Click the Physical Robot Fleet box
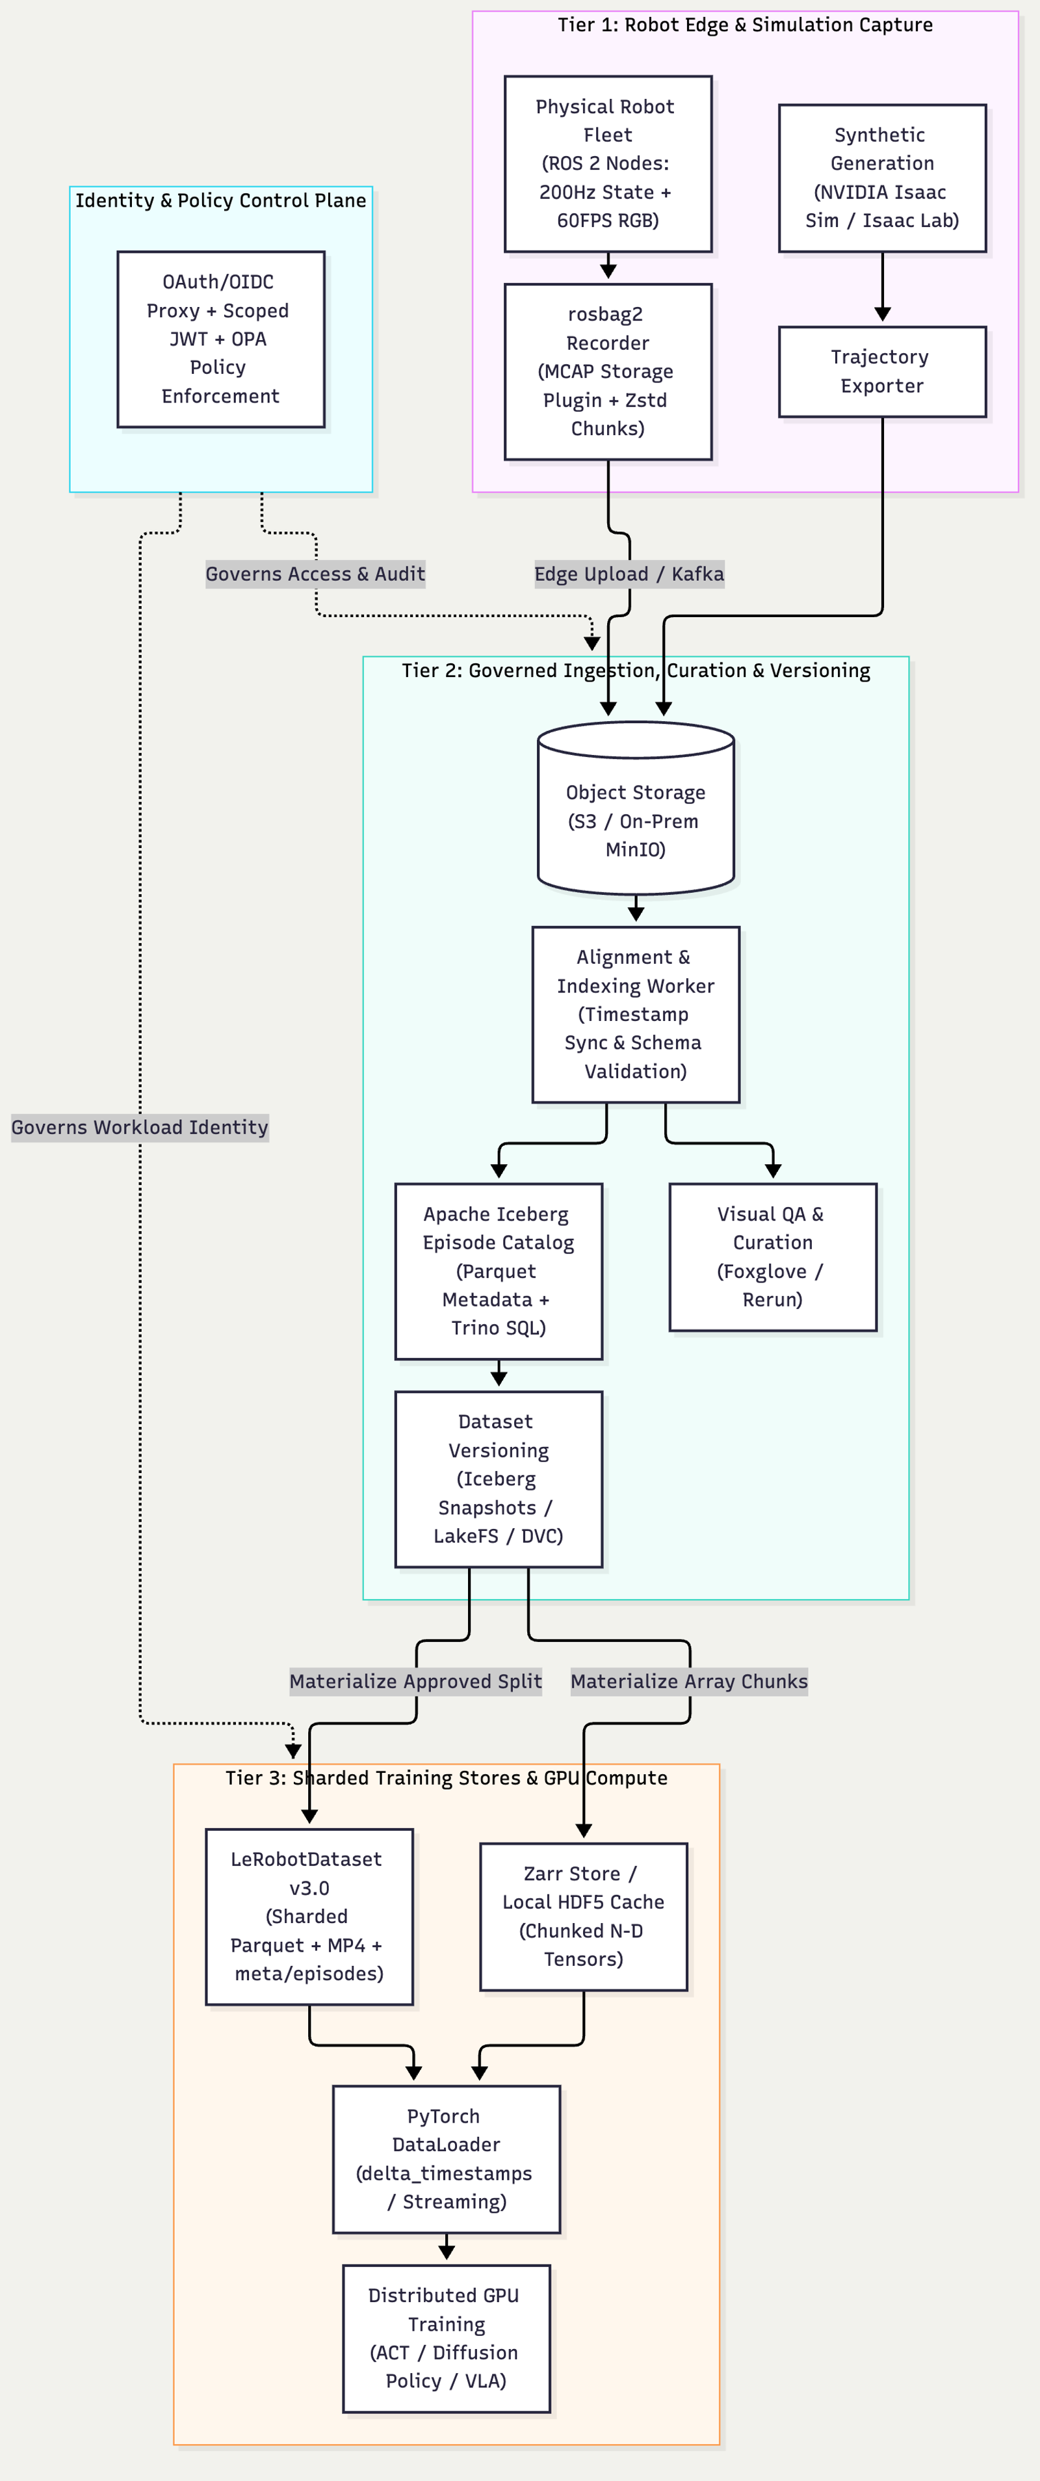(x=608, y=164)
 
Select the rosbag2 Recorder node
(x=608, y=371)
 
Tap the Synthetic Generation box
(x=882, y=178)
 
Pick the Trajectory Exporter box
(x=882, y=372)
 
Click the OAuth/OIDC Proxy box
(x=220, y=339)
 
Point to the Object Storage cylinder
(x=636, y=807)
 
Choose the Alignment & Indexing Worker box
(x=636, y=1014)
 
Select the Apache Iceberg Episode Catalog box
(x=499, y=1271)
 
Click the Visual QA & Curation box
(x=773, y=1257)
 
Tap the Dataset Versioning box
(x=499, y=1478)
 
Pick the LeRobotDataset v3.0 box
(x=309, y=1917)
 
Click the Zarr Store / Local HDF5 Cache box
(x=584, y=1917)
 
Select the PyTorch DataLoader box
(x=447, y=2159)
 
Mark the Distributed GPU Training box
(x=447, y=2339)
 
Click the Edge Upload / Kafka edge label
(x=629, y=574)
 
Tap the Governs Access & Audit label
(x=315, y=574)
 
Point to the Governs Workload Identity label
(x=140, y=1128)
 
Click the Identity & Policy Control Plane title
(x=220, y=200)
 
